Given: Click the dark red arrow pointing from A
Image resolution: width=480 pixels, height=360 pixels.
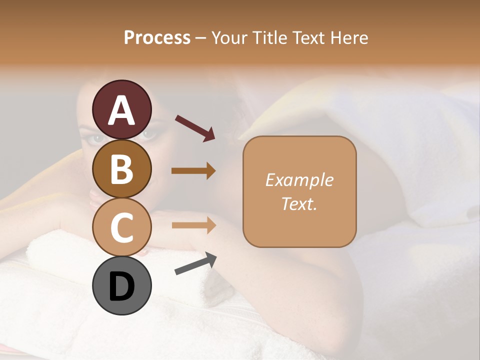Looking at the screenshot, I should click(x=195, y=127).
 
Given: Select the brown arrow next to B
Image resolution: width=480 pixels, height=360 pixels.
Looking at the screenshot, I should click(x=193, y=171).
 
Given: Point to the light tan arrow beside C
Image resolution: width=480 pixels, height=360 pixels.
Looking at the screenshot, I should click(x=193, y=225).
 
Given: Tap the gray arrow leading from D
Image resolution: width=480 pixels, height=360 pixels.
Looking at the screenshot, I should click(x=195, y=263).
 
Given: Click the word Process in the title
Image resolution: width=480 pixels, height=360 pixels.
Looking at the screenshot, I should click(x=157, y=38).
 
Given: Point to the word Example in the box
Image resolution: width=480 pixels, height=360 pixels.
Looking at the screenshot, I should click(x=299, y=180).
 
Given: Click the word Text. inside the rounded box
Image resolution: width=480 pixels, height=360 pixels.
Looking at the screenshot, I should click(x=299, y=203).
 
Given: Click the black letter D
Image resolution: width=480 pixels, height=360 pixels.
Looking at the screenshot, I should click(x=121, y=286).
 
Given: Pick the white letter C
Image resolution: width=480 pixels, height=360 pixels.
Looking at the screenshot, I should click(x=121, y=228).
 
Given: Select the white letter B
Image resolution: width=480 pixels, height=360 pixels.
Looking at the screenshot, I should click(x=121, y=169).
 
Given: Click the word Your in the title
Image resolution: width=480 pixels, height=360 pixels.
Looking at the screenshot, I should click(x=228, y=38).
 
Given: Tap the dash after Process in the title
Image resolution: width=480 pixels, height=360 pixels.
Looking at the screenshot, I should click(x=201, y=38).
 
